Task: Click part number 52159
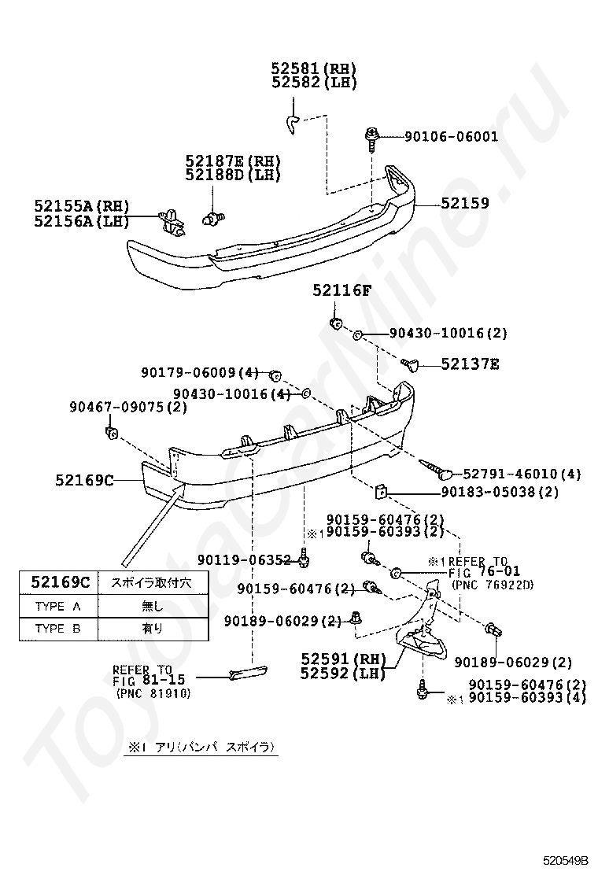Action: coord(464,203)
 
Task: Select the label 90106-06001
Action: coord(451,137)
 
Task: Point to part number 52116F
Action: coord(341,291)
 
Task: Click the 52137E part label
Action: coord(471,364)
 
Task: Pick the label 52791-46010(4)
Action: coord(522,474)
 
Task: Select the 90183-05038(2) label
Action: coord(499,493)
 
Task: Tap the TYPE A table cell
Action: coord(58,606)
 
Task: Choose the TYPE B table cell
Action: coord(58,628)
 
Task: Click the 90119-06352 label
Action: coord(245,560)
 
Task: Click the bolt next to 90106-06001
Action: coord(371,140)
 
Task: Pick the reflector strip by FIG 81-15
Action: coord(244,671)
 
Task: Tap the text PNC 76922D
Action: coord(493,584)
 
